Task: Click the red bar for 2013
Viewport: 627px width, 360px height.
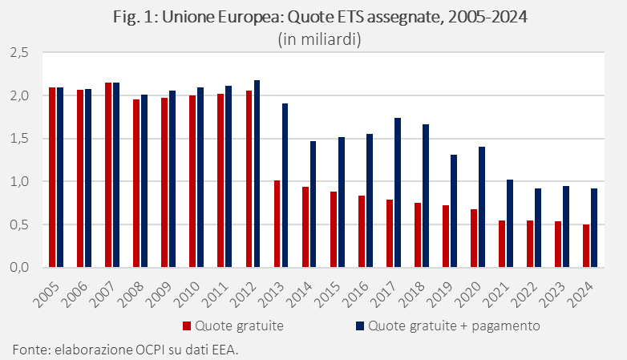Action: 277,224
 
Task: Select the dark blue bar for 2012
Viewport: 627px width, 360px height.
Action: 257,174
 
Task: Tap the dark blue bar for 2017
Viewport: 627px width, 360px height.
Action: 398,192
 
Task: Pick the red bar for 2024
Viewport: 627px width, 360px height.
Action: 586,245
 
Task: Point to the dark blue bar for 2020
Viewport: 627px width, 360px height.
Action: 482,207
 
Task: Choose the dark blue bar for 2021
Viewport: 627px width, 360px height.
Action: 510,223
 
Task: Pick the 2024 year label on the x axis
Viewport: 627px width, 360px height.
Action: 584,292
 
